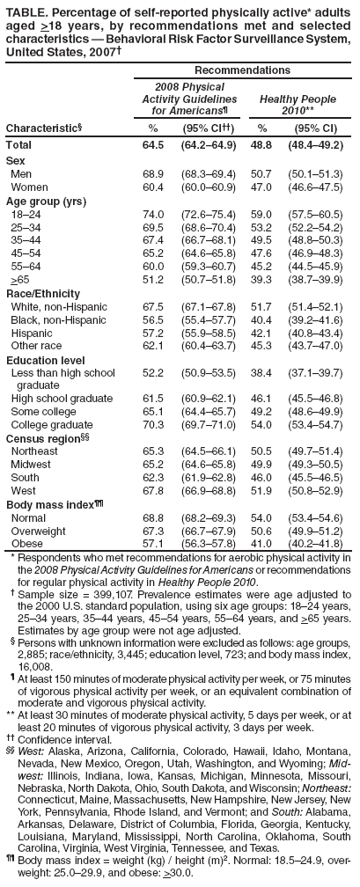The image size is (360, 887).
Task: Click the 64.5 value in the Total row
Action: [154, 143]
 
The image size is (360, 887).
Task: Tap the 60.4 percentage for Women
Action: [154, 188]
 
